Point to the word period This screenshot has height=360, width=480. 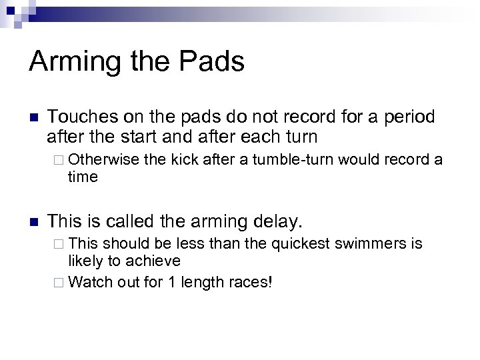(406, 117)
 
